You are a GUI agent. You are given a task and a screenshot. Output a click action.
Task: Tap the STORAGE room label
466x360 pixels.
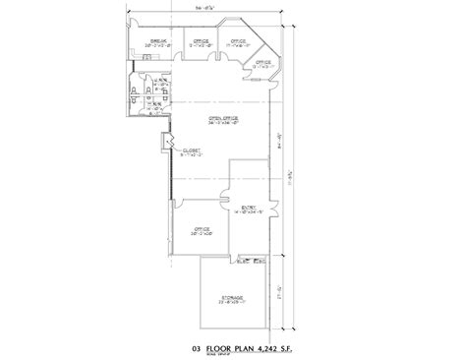(232, 296)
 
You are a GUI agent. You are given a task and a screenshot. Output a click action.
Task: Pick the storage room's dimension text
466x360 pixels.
(232, 302)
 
